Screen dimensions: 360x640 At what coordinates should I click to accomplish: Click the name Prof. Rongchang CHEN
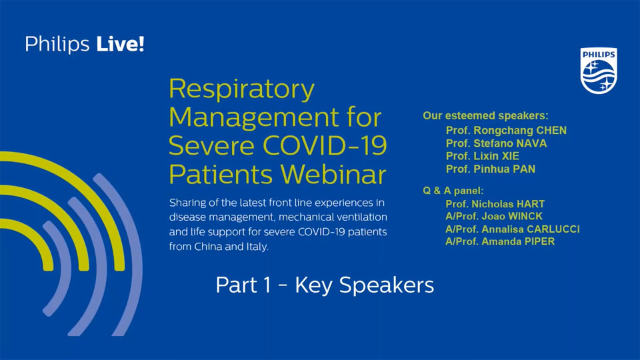tap(506, 129)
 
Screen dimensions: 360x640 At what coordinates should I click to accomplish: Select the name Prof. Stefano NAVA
tap(497, 143)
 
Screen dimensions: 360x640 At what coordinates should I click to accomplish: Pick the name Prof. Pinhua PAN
tap(490, 169)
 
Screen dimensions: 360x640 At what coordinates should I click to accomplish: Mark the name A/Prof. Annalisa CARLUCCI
tap(512, 229)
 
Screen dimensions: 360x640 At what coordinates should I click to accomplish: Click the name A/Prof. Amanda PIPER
tap(499, 241)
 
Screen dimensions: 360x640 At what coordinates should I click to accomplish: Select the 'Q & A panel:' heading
tap(453, 191)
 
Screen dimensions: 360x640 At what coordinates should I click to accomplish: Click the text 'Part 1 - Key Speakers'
tap(325, 285)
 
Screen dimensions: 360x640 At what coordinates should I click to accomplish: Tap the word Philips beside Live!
tap(58, 45)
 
